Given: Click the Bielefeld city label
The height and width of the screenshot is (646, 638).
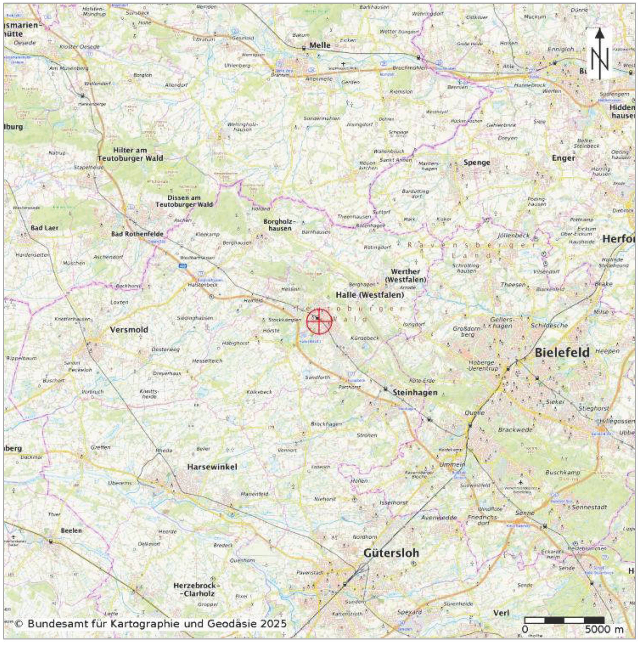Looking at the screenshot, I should (x=562, y=353).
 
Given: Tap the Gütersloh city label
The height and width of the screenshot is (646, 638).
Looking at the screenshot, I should (x=391, y=553).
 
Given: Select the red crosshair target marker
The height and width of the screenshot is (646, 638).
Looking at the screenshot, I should (x=319, y=321).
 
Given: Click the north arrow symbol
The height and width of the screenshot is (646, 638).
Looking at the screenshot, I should (x=600, y=54).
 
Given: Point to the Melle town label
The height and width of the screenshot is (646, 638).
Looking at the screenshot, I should (x=320, y=45).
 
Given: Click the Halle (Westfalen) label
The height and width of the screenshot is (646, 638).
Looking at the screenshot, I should (x=370, y=295).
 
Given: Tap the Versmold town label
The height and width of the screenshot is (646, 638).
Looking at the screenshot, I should (x=129, y=330).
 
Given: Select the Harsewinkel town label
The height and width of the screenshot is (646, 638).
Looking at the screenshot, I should (x=212, y=467).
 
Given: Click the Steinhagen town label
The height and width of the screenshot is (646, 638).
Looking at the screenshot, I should (x=415, y=392).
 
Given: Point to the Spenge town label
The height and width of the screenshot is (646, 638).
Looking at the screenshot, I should (x=477, y=162).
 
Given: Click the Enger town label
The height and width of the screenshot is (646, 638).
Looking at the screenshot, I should (x=563, y=158).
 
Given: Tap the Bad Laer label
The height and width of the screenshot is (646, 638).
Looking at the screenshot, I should (x=44, y=228).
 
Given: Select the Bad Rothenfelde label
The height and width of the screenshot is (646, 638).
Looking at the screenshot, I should (x=137, y=234).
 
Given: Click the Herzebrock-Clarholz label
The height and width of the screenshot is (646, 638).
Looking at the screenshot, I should (x=196, y=590).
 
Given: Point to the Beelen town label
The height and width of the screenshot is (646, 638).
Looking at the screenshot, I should (x=71, y=530).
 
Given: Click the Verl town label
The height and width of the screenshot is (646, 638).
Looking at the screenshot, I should (x=501, y=613).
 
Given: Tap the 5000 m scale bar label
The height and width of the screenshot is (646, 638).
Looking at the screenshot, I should (x=604, y=629).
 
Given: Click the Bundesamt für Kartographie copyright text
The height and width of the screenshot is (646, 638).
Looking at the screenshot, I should (x=151, y=624).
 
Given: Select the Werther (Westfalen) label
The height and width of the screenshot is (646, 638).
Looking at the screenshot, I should (x=405, y=276).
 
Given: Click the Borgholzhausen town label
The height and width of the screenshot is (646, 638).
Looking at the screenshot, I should (x=280, y=225).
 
